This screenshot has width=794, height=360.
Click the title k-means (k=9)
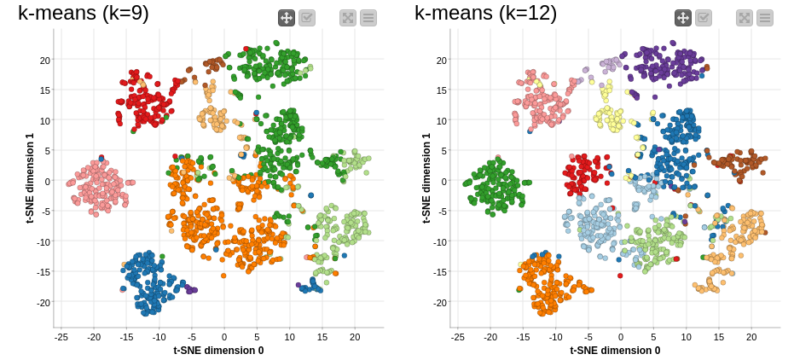[83, 13]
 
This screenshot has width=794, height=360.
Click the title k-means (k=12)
[485, 13]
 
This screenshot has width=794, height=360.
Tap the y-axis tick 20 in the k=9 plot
[44, 60]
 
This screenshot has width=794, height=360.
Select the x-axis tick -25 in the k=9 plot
[61, 337]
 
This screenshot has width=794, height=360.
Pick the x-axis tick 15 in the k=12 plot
[719, 337]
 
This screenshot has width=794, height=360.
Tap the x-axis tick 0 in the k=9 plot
[224, 337]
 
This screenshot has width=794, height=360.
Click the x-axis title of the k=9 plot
[218, 350]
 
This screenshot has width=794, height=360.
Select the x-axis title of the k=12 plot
[615, 350]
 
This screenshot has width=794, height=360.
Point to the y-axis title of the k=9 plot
[30, 178]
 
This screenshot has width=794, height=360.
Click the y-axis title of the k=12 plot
[426, 178]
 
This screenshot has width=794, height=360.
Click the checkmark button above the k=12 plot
[704, 18]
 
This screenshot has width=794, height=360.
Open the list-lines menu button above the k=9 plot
[368, 18]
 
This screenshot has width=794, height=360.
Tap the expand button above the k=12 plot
[745, 18]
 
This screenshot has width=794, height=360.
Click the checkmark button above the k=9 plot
[307, 18]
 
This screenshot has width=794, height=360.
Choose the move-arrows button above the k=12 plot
[683, 18]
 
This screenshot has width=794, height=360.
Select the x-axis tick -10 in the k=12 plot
[556, 337]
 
